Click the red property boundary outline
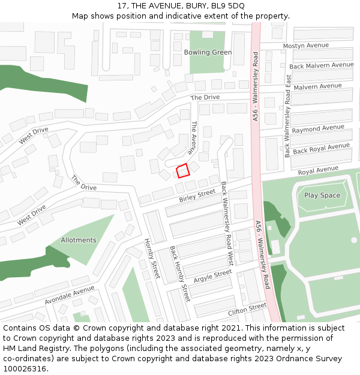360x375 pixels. click(x=183, y=170)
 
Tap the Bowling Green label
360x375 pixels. click(x=208, y=52)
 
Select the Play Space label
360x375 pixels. click(x=322, y=195)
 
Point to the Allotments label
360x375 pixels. click(x=79, y=240)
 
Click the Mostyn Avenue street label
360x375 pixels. click(x=306, y=46)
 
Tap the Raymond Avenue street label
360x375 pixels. click(x=318, y=128)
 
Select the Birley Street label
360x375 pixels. click(x=197, y=196)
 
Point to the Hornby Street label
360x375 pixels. click(x=152, y=259)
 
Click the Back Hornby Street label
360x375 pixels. click(x=179, y=274)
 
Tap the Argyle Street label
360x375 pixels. click(x=212, y=274)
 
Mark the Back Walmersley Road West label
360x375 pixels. click(x=227, y=224)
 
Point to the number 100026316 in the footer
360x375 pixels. click(x=25, y=369)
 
